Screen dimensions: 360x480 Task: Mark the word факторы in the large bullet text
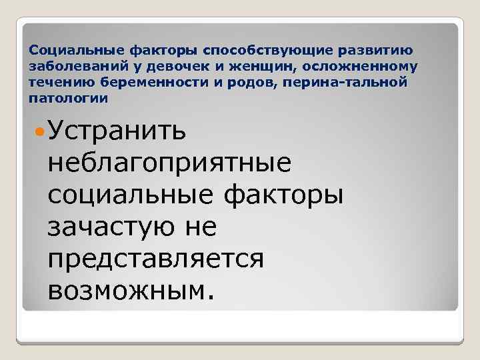point(281,195)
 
